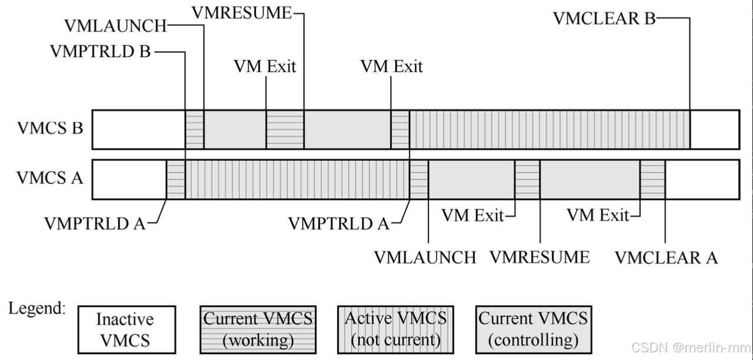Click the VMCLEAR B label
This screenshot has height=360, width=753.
coord(604,18)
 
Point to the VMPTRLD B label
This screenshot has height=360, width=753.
coord(101,52)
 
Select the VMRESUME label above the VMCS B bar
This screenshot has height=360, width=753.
coord(242,12)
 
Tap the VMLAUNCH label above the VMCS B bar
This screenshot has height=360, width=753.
coord(115,26)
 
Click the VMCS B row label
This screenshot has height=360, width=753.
coord(49,128)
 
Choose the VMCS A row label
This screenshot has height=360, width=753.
coord(49,177)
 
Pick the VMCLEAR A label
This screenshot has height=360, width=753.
coord(666,258)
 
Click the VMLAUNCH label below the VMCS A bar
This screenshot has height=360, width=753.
coord(425,258)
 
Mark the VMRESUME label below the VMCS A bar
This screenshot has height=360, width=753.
coord(539,258)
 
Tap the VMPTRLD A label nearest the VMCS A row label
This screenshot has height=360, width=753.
coord(95,224)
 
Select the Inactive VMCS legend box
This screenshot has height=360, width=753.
coord(126,329)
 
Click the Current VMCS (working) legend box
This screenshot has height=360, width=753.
coord(258,329)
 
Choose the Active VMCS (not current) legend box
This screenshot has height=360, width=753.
coord(395,329)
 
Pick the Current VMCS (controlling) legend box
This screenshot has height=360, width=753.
coord(533,329)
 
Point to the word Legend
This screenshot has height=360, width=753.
coord(36,308)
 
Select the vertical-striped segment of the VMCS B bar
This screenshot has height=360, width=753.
coord(549,129)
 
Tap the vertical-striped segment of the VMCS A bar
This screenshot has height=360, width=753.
coord(297,179)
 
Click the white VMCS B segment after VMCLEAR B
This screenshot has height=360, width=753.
coord(714,129)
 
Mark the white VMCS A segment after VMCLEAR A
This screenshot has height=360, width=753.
coord(702,179)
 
